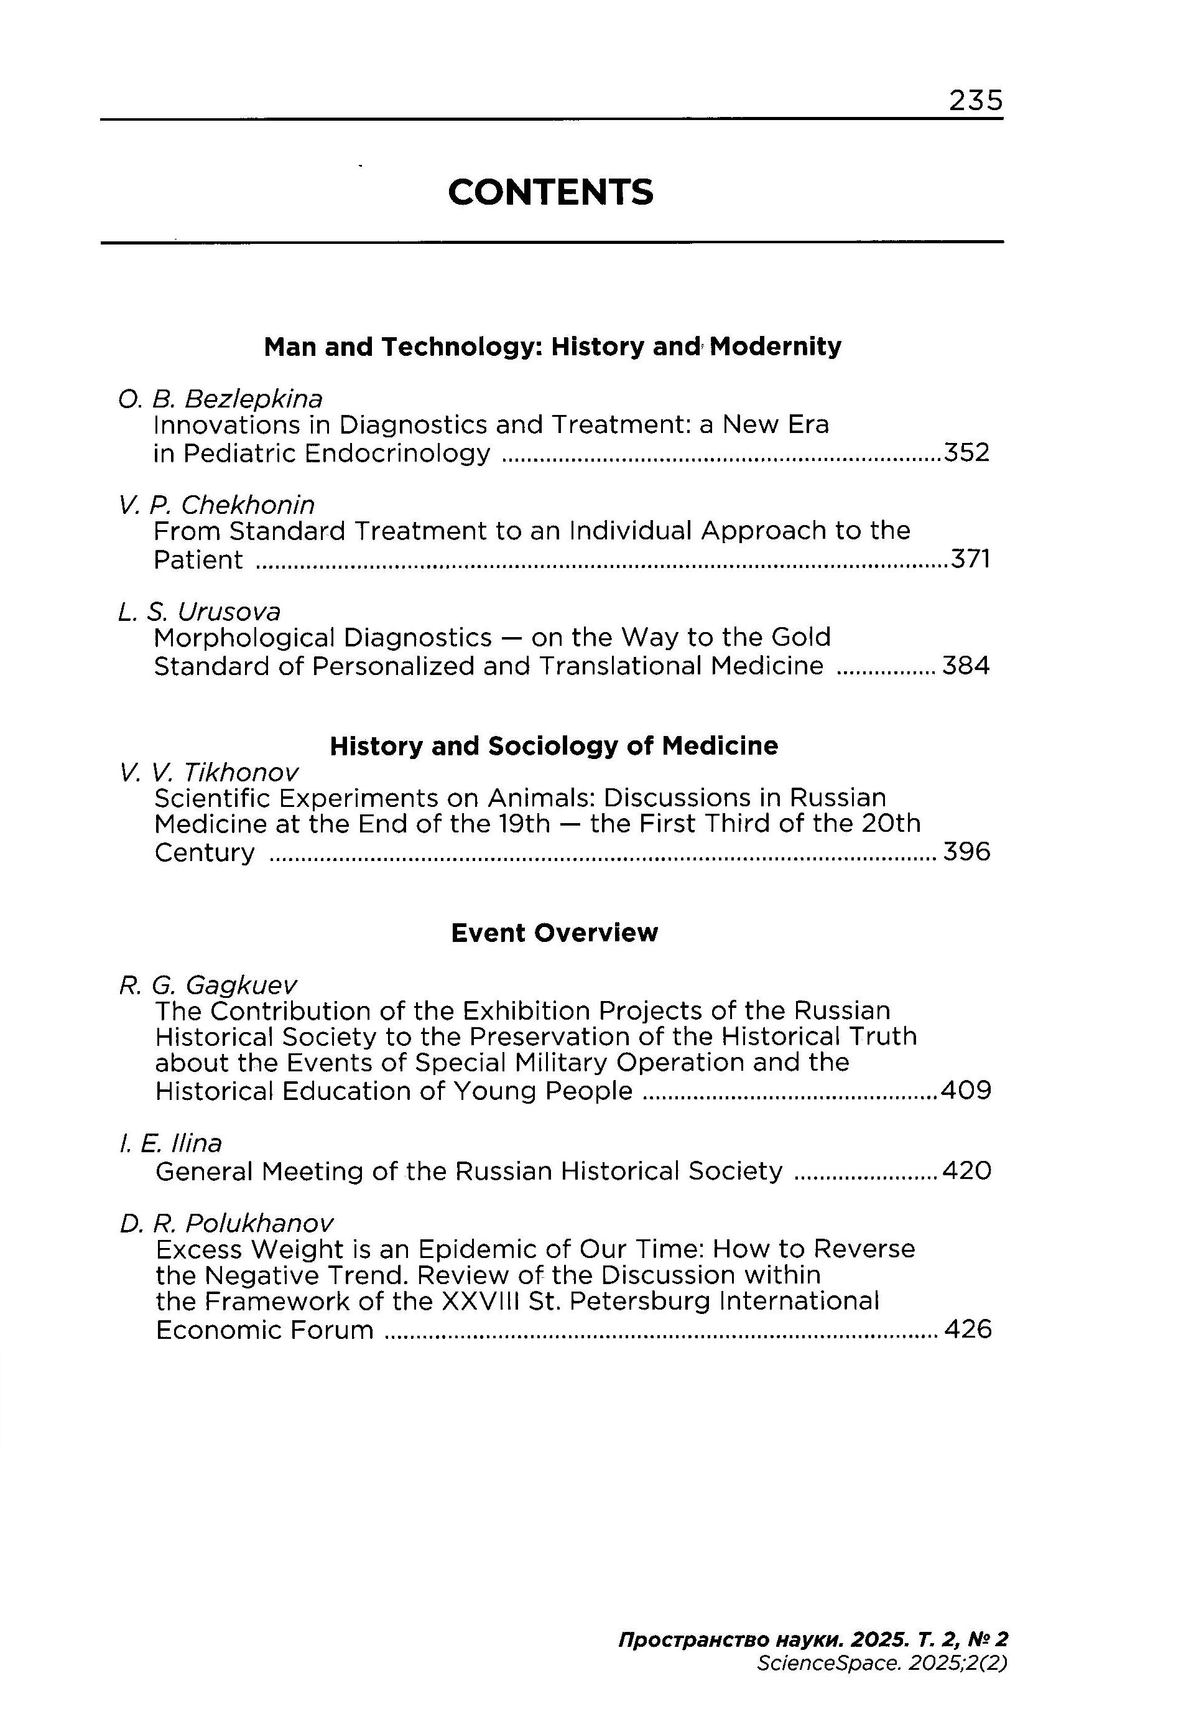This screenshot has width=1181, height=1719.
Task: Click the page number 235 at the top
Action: click(975, 100)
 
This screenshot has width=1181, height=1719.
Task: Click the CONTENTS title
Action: click(550, 192)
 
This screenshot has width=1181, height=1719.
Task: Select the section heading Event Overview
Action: click(554, 933)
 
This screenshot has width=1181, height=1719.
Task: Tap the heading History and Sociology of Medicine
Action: click(553, 745)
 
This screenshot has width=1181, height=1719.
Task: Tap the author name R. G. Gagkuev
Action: click(208, 985)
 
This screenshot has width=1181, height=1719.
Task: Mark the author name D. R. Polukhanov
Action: click(226, 1223)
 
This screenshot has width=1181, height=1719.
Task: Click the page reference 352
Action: click(966, 452)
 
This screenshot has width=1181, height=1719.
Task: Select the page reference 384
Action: click(966, 666)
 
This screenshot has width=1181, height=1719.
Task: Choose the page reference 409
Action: click(966, 1091)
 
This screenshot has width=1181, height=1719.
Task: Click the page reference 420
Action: click(966, 1170)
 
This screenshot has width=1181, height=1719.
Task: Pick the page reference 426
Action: click(968, 1329)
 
